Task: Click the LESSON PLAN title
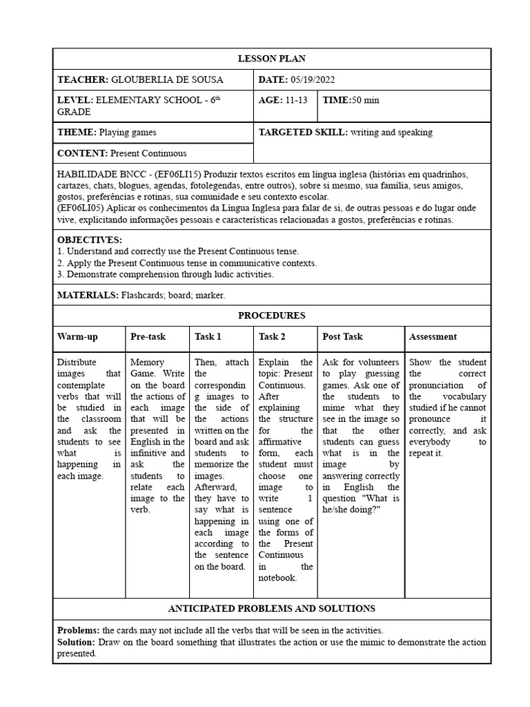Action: coord(271,59)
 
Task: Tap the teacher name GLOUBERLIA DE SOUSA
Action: coord(167,80)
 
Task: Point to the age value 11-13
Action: coord(295,100)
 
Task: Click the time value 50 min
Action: coord(366,100)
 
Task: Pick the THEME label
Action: coord(77,132)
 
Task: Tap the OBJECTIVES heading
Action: coord(89,240)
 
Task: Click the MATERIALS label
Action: coord(88,295)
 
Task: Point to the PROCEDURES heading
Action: coord(271,316)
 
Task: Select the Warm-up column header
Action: coord(77,337)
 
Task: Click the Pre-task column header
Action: coord(148,337)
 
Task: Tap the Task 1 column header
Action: coord(208,337)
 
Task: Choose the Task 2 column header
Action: coord(272,337)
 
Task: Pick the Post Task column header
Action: coord(342,337)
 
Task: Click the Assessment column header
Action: coord(433,337)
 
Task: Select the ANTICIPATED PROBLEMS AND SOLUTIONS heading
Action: coord(271,608)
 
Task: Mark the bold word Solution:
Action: coord(77,642)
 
